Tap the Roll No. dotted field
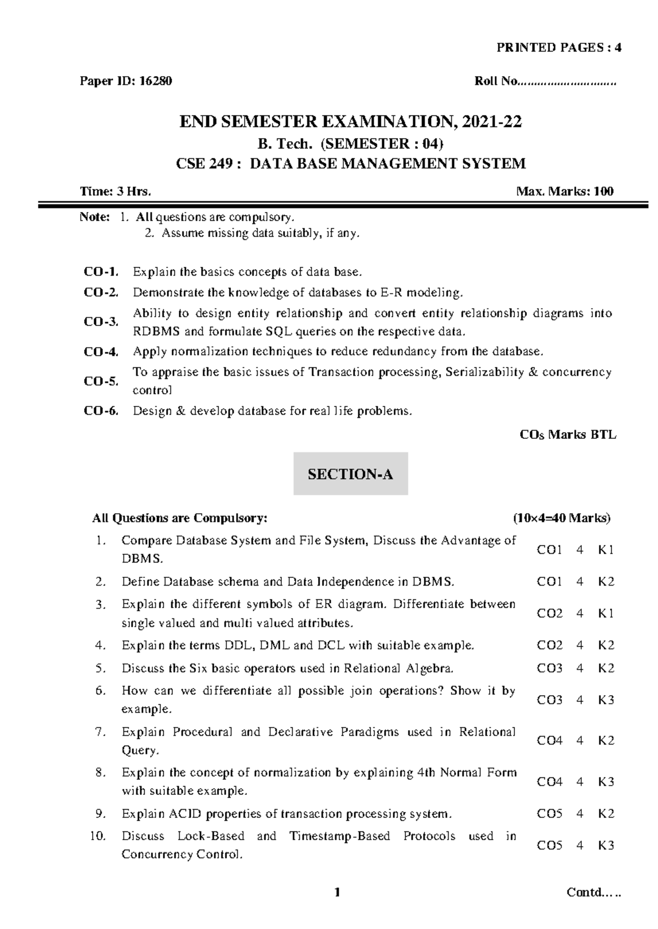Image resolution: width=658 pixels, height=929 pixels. [567, 82]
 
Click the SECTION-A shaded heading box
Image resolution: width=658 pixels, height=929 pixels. [350, 474]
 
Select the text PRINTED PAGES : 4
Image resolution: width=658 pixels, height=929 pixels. [559, 48]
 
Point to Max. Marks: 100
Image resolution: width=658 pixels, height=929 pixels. [565, 191]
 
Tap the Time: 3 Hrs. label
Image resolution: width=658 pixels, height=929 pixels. [115, 191]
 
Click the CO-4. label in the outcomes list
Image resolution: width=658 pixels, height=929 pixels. [101, 352]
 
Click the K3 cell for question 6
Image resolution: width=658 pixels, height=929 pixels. [606, 700]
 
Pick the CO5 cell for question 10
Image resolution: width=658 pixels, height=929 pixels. [549, 845]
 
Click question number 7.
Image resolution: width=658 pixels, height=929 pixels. [100, 732]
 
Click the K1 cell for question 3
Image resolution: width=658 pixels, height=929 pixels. [606, 613]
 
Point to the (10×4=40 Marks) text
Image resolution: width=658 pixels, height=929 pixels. [561, 518]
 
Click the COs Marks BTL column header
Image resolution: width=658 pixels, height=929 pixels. [568, 435]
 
